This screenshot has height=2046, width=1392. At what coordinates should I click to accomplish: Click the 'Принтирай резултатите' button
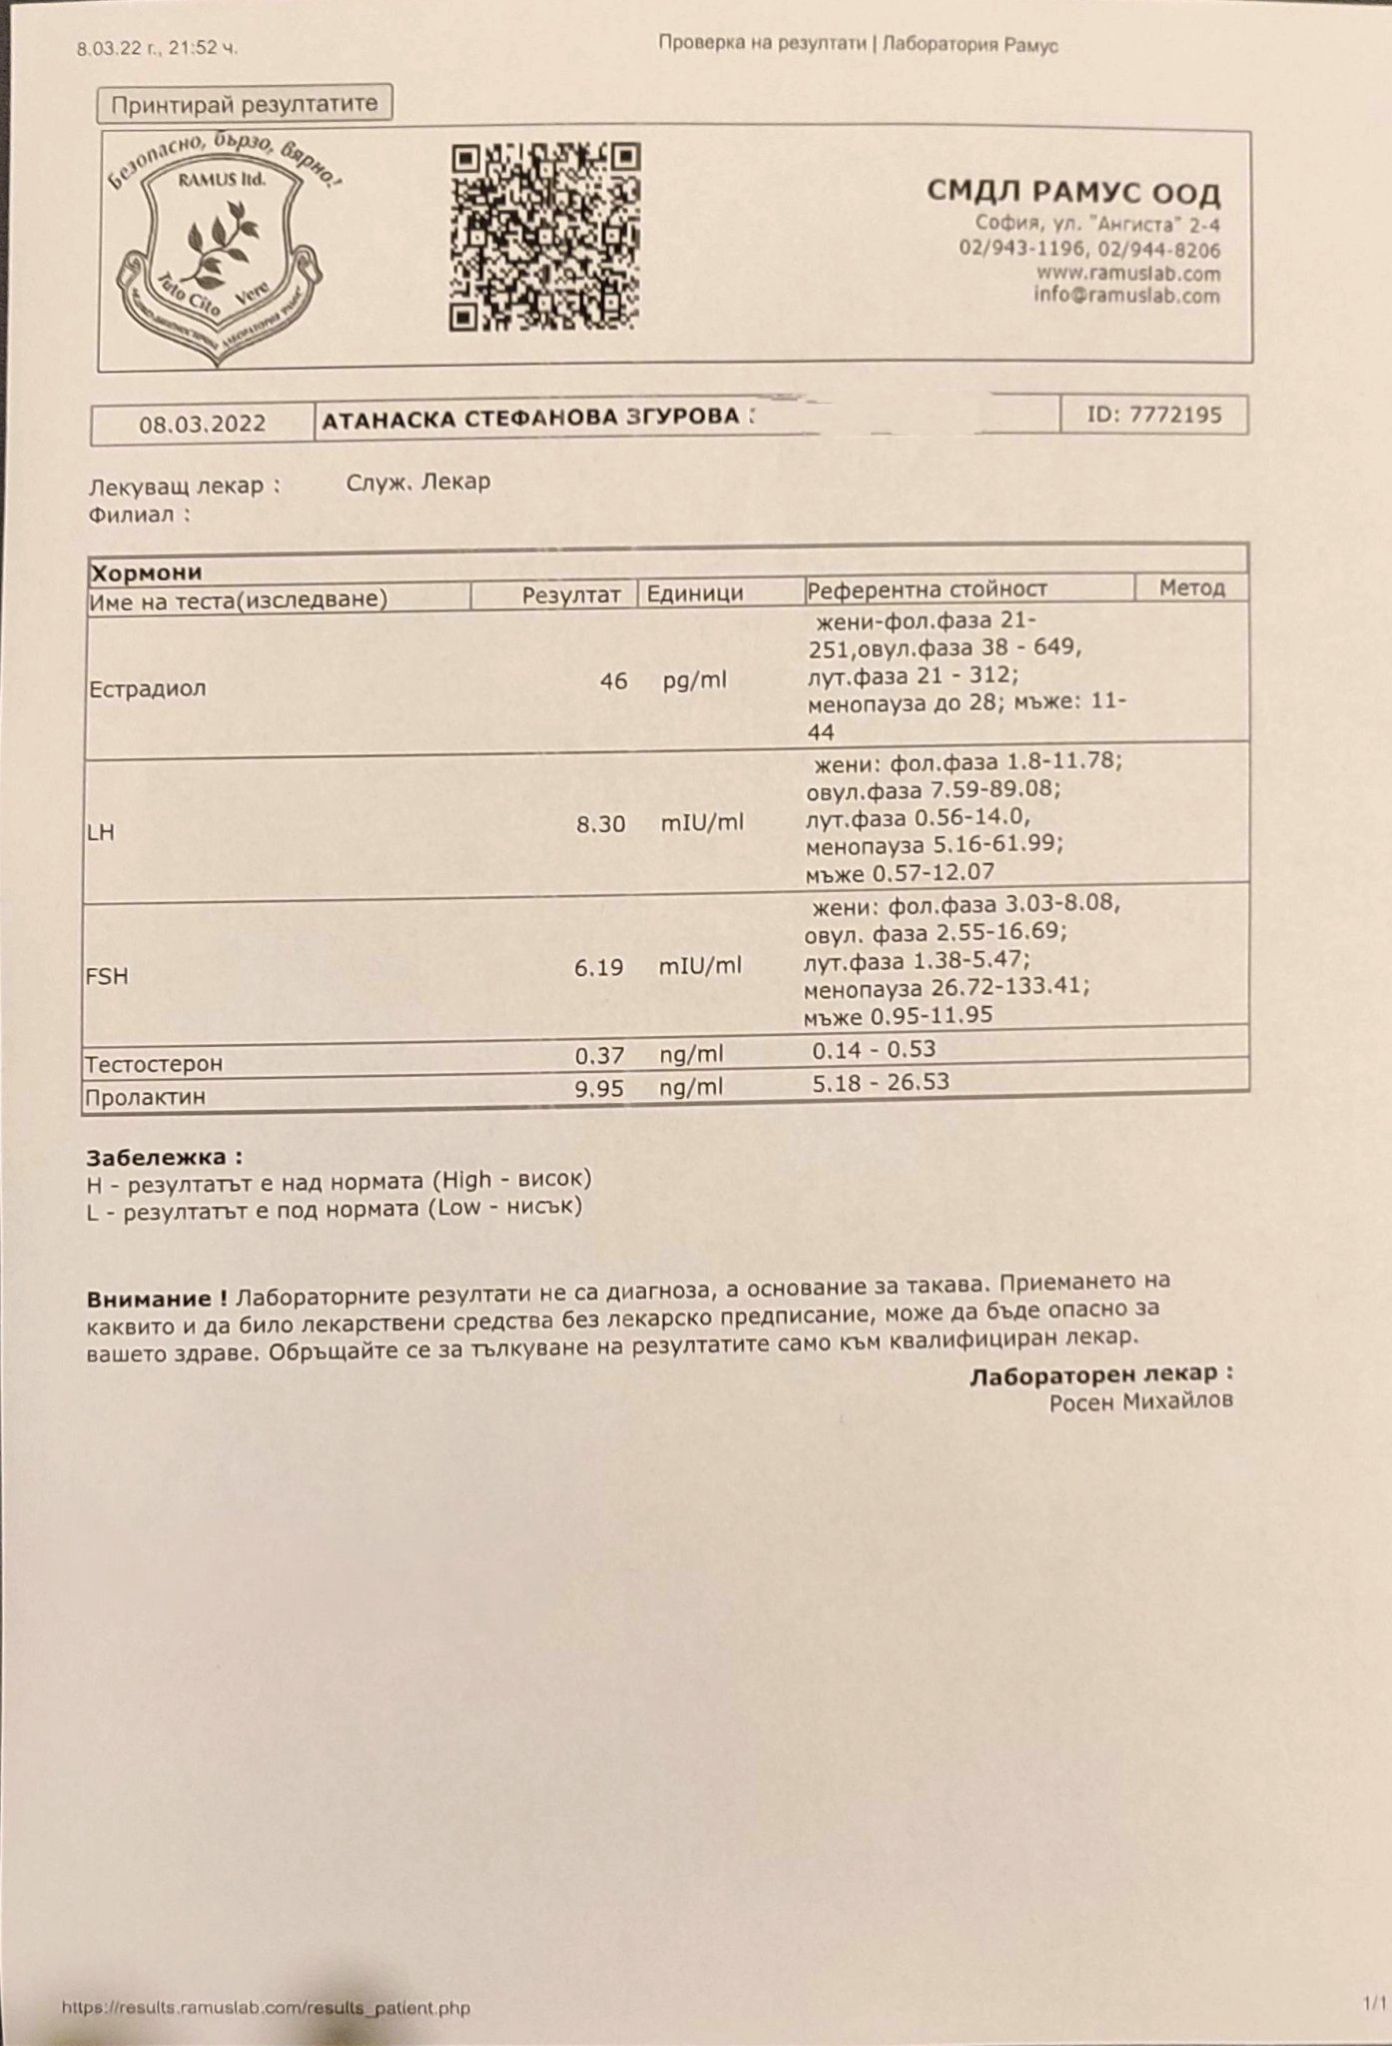tap(245, 104)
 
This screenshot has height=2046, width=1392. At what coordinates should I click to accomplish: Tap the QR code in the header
tap(544, 237)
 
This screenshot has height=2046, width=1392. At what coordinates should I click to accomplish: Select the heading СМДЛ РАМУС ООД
tap(1073, 192)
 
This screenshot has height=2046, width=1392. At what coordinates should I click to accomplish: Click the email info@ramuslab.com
tap(1126, 296)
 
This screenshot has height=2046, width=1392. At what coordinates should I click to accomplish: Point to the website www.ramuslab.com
tap(1128, 273)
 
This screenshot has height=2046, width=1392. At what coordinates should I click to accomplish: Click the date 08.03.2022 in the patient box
tap(203, 424)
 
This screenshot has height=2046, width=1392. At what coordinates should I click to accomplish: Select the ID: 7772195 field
tap(1153, 415)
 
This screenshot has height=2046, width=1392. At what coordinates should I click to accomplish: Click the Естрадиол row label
tap(148, 689)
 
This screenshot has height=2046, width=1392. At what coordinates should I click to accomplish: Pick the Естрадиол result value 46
tap(613, 681)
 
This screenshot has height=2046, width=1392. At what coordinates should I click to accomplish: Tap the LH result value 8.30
tap(601, 824)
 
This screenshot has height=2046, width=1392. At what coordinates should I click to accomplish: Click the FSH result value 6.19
tap(599, 967)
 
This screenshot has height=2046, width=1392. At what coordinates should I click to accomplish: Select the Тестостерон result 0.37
tap(599, 1055)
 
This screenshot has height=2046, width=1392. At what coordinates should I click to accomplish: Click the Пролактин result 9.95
tap(599, 1088)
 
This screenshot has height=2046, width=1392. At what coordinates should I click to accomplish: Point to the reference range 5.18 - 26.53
tap(880, 1082)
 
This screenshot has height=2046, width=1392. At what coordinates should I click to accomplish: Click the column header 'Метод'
tap(1191, 587)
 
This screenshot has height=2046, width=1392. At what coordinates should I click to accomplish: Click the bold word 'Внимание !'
tap(157, 1300)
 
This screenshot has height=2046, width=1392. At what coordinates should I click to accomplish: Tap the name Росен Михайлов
tap(1140, 1402)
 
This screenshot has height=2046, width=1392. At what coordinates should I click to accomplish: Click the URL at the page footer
tap(266, 2008)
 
